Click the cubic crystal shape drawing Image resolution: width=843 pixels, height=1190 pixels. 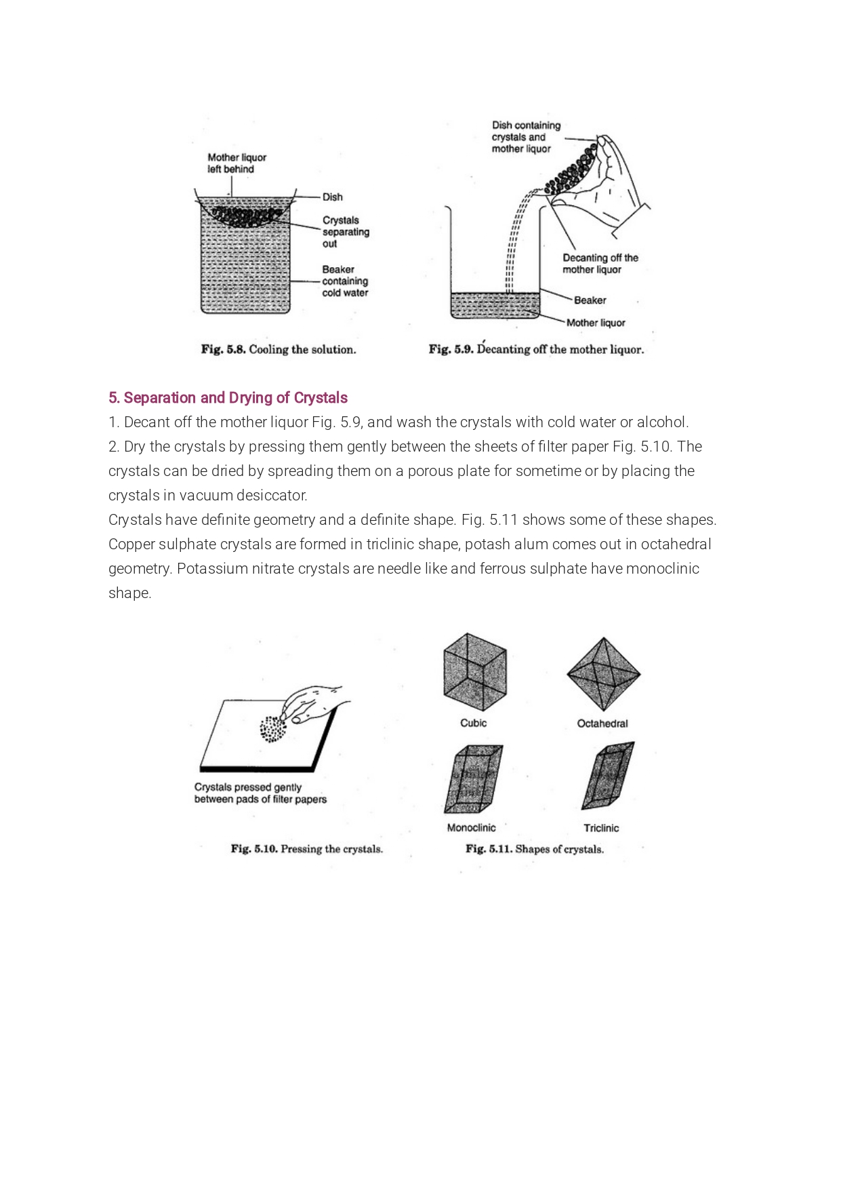click(474, 672)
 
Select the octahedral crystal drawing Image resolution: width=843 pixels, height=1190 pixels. click(603, 674)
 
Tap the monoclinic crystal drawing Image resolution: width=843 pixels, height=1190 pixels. click(474, 779)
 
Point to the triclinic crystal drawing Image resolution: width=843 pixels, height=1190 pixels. click(609, 775)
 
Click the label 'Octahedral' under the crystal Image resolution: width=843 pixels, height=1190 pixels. click(602, 723)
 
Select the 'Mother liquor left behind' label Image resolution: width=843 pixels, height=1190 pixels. click(237, 163)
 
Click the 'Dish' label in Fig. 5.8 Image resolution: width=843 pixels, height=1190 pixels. click(332, 197)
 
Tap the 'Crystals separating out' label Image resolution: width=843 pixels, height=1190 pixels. click(346, 232)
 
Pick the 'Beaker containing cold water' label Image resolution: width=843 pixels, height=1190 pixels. click(345, 281)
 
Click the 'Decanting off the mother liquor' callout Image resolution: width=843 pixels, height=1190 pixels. click(600, 264)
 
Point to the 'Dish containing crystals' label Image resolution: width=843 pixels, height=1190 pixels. click(526, 137)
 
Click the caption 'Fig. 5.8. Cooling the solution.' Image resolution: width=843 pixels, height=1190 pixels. click(278, 350)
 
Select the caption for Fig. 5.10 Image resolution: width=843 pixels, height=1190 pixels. click(306, 849)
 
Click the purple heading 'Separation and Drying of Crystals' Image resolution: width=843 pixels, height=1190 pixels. click(228, 398)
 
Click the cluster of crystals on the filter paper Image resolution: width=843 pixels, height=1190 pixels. click(272, 730)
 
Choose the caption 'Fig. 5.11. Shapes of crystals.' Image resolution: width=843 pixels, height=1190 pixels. click(534, 849)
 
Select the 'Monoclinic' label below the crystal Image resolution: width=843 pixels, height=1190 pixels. click(471, 828)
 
